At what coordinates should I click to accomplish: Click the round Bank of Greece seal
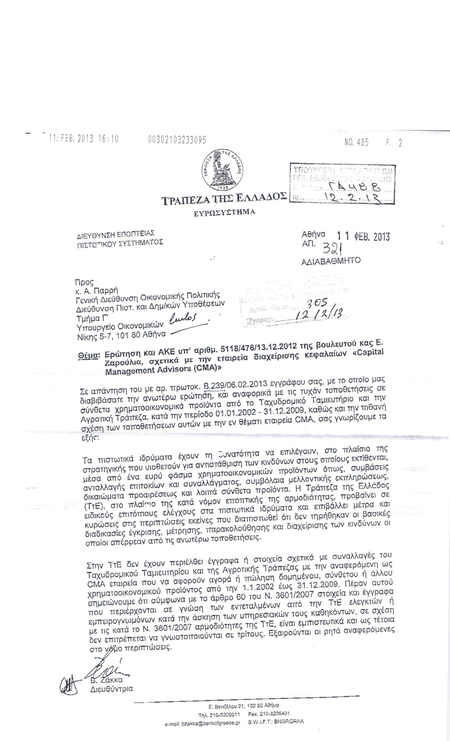point(222,170)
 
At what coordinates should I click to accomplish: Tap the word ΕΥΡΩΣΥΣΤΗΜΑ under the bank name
point(224,212)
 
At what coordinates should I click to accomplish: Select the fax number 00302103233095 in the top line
point(177,139)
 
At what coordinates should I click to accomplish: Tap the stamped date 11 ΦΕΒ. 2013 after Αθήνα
point(363,237)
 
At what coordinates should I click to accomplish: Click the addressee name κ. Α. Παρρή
point(97,291)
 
